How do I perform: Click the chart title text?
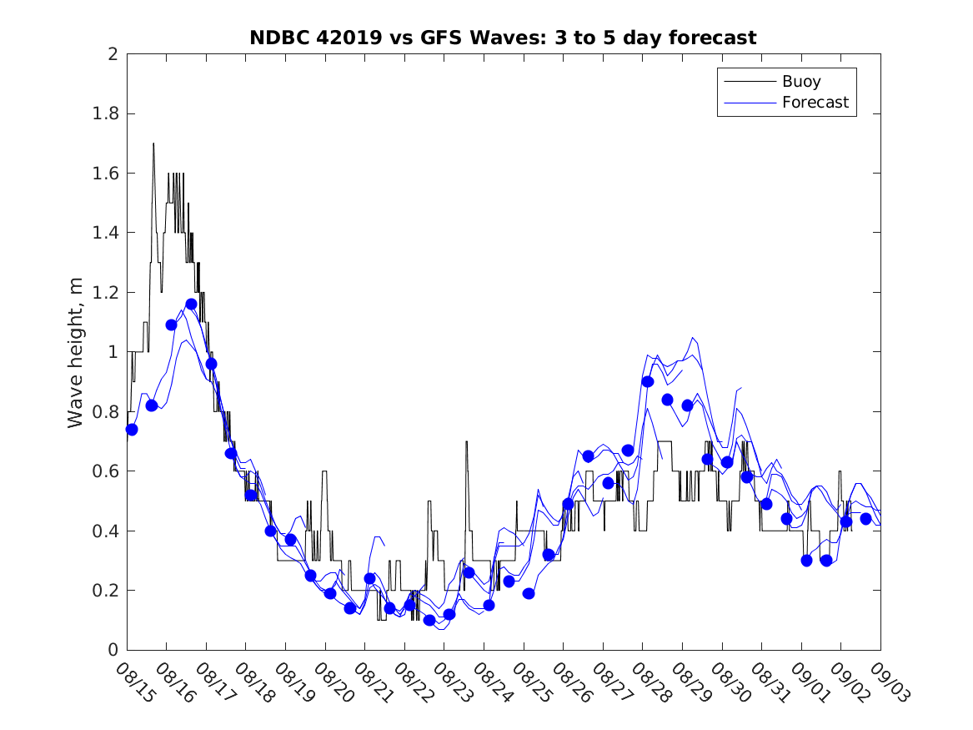coord(503,38)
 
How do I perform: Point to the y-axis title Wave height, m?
coord(76,352)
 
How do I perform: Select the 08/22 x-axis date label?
coord(413,682)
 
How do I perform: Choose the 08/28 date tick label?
coord(650,682)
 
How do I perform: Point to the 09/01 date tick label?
coord(810,682)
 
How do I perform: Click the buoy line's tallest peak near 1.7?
coord(153,143)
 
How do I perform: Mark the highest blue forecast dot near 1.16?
coord(191,304)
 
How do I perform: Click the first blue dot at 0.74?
coord(132,429)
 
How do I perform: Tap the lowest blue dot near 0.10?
coord(429,620)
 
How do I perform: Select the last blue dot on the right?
coord(865,519)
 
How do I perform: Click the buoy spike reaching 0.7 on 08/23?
coord(466,441)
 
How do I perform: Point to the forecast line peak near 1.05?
coord(693,338)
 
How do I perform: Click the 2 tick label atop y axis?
coord(112,54)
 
